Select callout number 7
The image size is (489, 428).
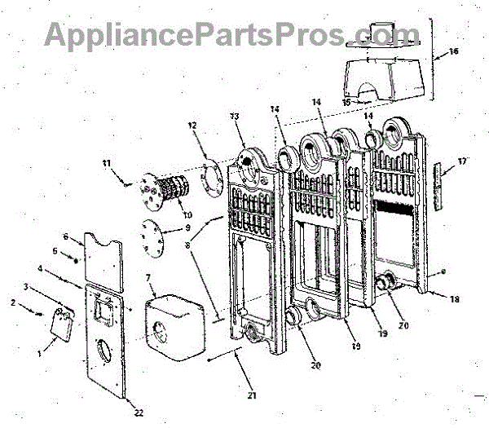[148, 279]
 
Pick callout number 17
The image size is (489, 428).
[462, 161]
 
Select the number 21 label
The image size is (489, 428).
[252, 396]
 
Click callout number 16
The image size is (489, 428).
[453, 51]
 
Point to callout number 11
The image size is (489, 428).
[105, 164]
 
